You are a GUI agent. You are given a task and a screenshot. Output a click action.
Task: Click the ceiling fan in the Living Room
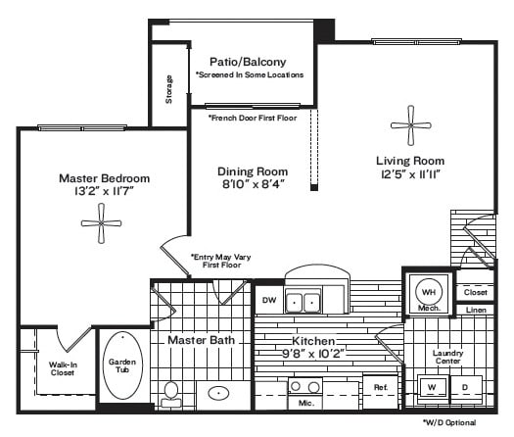[x=411, y=125]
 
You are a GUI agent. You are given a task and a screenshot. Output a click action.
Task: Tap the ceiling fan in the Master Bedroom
[x=101, y=223]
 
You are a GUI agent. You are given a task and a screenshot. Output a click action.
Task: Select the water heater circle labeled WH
[x=429, y=292]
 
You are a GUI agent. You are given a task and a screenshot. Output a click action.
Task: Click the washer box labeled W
[x=432, y=387]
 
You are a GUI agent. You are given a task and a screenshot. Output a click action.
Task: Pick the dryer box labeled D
[x=466, y=387]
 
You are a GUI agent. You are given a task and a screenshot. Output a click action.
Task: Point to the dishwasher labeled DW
[x=269, y=300]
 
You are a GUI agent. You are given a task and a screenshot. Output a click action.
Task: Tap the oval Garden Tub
[x=122, y=365]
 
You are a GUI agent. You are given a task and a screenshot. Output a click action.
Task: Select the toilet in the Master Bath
[x=170, y=394]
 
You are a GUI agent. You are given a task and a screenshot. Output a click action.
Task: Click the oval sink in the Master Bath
[x=218, y=393]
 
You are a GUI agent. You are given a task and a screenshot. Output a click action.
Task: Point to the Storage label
[x=168, y=89]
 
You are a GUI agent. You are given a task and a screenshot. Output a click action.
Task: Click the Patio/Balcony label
[x=248, y=62]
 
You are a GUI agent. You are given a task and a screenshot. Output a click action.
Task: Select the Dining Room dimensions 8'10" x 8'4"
[x=253, y=184]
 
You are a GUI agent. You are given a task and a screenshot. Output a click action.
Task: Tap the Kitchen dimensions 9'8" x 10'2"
[x=313, y=354]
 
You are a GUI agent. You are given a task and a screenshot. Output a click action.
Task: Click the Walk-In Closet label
[x=62, y=368]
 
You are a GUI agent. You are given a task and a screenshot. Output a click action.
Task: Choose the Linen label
[x=476, y=310]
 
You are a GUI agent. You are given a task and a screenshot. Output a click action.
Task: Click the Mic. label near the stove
[x=306, y=403]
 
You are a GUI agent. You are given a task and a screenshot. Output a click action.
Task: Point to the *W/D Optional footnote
[x=449, y=422]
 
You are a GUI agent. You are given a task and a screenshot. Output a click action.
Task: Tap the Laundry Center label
[x=447, y=357]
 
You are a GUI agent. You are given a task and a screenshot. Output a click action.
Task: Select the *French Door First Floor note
[x=253, y=119]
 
